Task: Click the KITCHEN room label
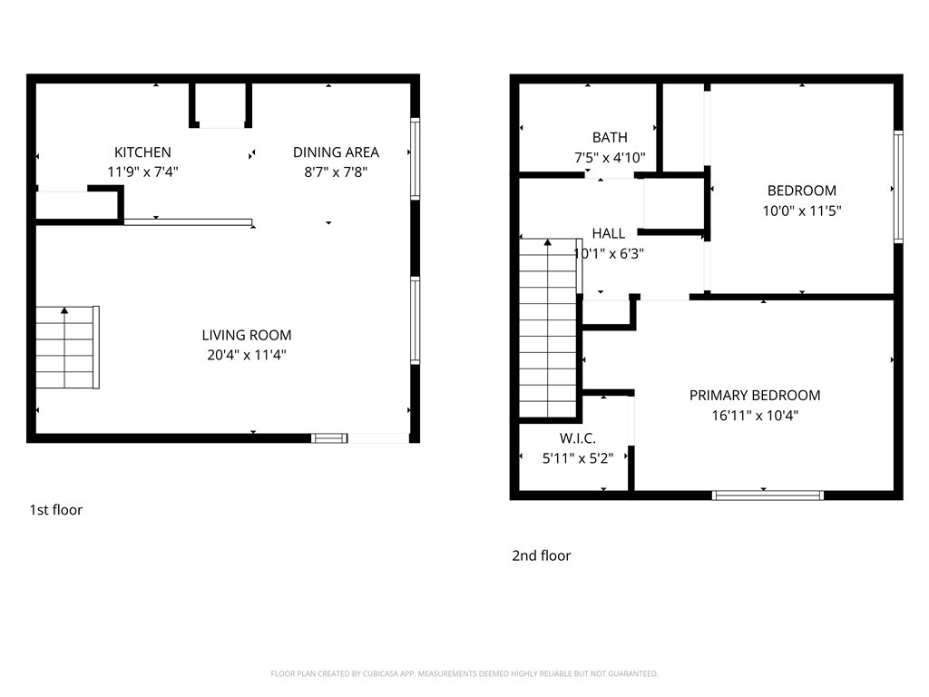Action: click(x=142, y=152)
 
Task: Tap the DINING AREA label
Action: click(x=336, y=152)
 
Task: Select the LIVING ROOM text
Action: click(x=247, y=336)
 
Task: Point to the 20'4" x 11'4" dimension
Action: click(x=247, y=355)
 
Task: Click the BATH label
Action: click(x=610, y=138)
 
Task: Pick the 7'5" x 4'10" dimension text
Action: click(x=610, y=158)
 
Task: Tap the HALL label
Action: click(x=609, y=233)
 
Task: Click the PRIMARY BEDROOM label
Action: click(x=755, y=396)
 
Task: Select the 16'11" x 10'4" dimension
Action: click(x=755, y=416)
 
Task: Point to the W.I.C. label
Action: click(x=578, y=438)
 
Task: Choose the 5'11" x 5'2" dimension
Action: click(x=578, y=458)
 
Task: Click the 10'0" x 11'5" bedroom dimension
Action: click(x=802, y=211)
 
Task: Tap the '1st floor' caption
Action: click(x=56, y=510)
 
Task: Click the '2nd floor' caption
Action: click(x=541, y=556)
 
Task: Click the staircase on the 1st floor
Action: click(x=67, y=348)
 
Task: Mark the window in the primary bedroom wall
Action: click(x=768, y=496)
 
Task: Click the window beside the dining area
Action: click(x=416, y=159)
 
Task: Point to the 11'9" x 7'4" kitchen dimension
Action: click(x=142, y=172)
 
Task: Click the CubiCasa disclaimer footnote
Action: click(x=464, y=673)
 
